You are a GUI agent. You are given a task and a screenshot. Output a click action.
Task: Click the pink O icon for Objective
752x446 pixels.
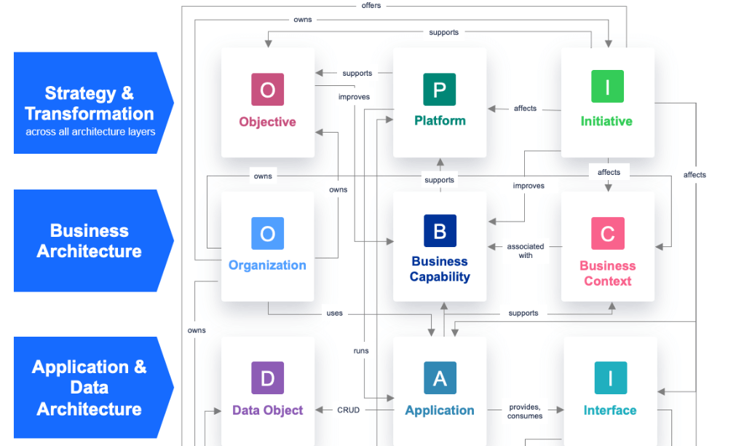pyautogui.click(x=267, y=90)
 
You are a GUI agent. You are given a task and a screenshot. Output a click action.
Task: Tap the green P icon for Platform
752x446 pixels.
pyautogui.click(x=440, y=90)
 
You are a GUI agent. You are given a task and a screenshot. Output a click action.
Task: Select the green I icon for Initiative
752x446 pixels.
pyautogui.click(x=607, y=90)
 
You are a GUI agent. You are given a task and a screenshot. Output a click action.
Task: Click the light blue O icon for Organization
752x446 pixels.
pyautogui.click(x=267, y=234)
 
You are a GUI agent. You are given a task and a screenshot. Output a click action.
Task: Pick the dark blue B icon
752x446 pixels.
pyautogui.click(x=440, y=231)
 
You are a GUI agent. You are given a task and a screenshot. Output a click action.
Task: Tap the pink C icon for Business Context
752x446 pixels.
pyautogui.click(x=607, y=234)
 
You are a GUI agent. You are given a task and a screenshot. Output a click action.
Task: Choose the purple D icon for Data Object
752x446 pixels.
pyautogui.click(x=267, y=379)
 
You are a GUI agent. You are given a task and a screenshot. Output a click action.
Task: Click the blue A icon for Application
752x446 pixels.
pyautogui.click(x=440, y=379)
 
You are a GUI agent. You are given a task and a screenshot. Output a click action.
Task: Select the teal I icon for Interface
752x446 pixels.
pyautogui.click(x=610, y=379)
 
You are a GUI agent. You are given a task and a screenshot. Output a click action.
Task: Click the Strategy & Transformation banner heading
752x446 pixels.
pyautogui.click(x=90, y=103)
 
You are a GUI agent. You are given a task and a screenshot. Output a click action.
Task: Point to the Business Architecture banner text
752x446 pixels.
pyautogui.click(x=90, y=241)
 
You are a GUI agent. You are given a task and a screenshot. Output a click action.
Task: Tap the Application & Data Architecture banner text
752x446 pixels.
pyautogui.click(x=90, y=388)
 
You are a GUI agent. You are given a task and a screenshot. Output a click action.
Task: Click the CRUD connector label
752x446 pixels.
pyautogui.click(x=348, y=410)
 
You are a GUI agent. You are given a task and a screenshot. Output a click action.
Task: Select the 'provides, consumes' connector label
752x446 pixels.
pyautogui.click(x=525, y=412)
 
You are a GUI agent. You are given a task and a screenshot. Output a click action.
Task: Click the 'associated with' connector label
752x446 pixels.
pyautogui.click(x=526, y=251)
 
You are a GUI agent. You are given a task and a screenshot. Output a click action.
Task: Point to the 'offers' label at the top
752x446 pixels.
pyautogui.click(x=371, y=6)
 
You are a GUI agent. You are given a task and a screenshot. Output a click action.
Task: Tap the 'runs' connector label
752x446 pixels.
pyautogui.click(x=361, y=351)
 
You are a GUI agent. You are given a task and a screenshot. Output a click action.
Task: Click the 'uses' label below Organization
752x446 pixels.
pyautogui.click(x=334, y=313)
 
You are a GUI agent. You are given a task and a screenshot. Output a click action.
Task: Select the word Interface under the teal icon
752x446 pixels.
pyautogui.click(x=610, y=410)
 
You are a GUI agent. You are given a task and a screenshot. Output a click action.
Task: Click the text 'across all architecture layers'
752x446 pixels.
pyautogui.click(x=90, y=132)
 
